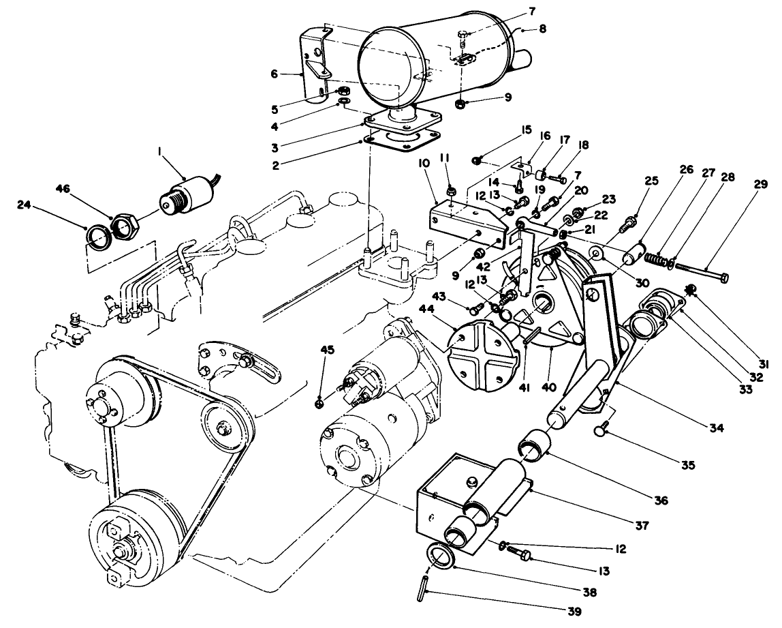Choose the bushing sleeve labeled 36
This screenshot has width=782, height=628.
[537, 454]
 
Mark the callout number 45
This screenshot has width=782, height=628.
[328, 350]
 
